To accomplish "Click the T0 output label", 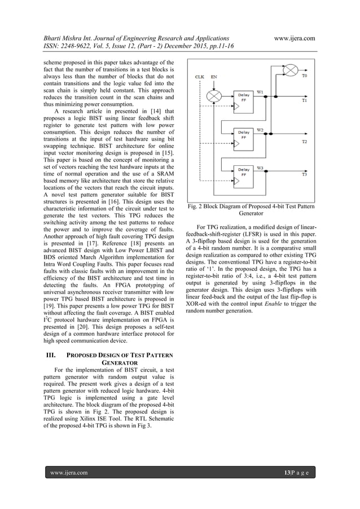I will (x=305, y=74).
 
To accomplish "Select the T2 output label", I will (x=305, y=141).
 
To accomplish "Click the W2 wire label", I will (x=260, y=130).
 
